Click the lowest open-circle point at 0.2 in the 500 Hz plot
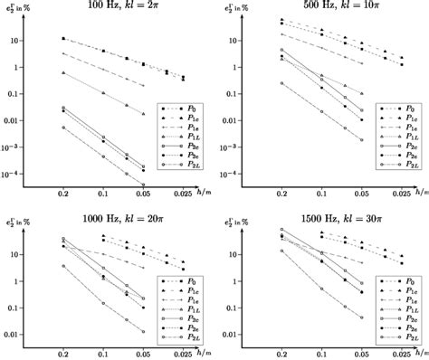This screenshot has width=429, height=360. pos(282,83)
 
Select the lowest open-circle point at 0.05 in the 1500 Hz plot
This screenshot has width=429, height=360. pos(360,317)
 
